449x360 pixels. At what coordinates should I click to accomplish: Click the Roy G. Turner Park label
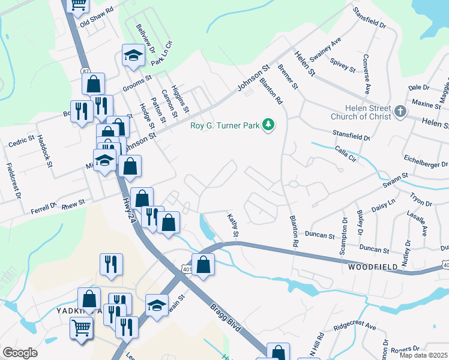224,125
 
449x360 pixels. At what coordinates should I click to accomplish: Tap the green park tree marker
270,125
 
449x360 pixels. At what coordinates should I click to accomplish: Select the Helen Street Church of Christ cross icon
400,111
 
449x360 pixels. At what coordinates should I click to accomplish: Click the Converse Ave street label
366,75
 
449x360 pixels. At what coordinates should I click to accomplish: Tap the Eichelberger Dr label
426,163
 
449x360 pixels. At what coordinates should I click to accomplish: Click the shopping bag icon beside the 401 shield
203,264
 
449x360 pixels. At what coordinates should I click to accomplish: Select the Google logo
20,353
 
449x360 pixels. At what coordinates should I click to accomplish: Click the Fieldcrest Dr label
13,180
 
